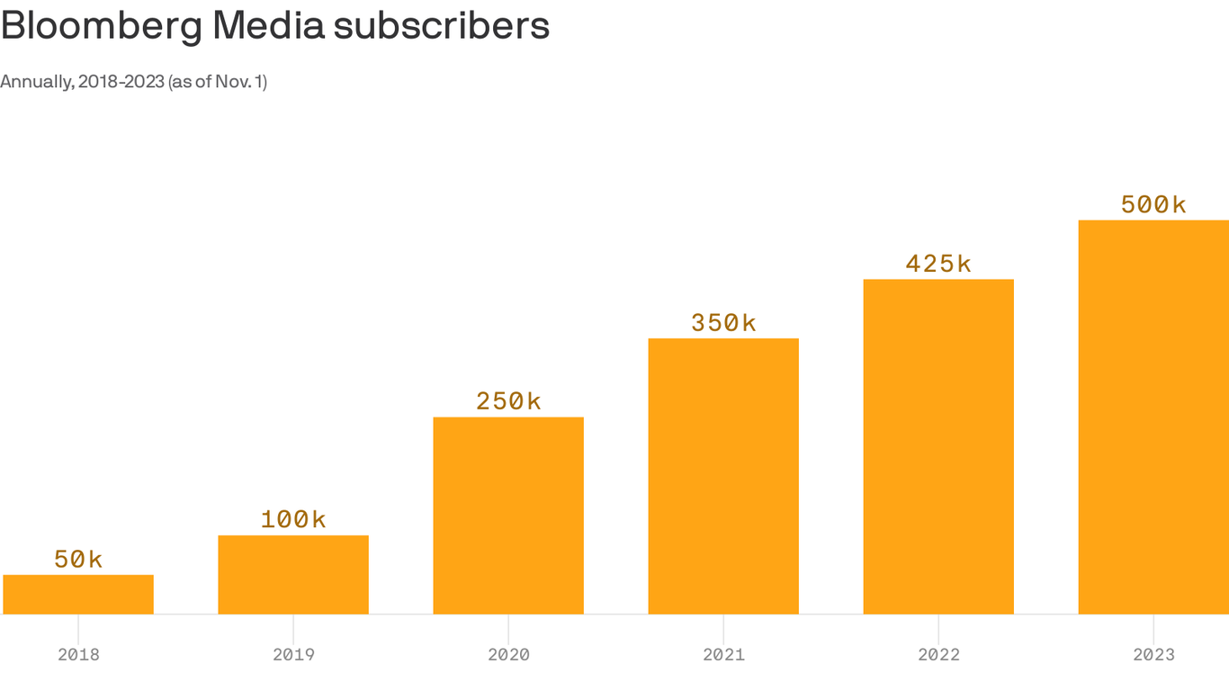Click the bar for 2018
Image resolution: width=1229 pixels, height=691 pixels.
(78, 595)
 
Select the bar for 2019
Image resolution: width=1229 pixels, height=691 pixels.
(293, 575)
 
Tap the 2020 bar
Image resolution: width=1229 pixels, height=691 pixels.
(508, 516)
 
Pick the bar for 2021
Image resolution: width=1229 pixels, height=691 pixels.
(723, 476)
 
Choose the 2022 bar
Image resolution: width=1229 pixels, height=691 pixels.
(938, 446)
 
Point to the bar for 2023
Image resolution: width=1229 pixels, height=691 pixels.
(1153, 417)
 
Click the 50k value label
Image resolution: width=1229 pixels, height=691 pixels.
(78, 560)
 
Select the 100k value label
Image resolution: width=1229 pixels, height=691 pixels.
(293, 519)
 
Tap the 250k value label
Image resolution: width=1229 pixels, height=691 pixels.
(508, 401)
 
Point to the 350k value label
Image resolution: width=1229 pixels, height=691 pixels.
(723, 323)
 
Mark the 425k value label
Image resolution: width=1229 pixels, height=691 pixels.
(938, 264)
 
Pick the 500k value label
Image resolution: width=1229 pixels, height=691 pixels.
(1153, 205)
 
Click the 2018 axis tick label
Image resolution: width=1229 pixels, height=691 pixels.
(78, 655)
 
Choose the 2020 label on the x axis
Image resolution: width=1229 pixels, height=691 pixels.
(508, 655)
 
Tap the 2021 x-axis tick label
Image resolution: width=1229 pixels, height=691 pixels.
(723, 655)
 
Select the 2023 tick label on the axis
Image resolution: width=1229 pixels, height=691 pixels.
(1153, 655)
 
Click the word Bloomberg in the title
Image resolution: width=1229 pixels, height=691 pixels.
(102, 26)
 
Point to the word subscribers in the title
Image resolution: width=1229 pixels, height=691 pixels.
(441, 26)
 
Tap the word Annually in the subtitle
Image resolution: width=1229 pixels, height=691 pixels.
(36, 82)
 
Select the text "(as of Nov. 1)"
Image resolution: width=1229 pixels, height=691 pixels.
(217, 82)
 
